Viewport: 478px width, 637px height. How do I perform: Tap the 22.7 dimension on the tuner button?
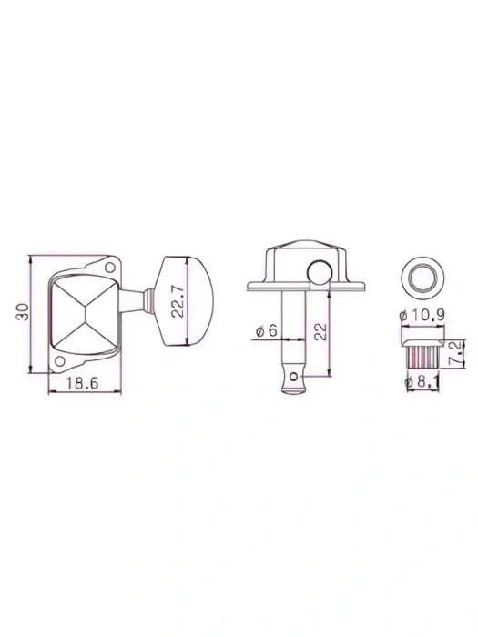pos(180,301)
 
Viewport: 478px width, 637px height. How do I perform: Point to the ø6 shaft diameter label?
pos(267,332)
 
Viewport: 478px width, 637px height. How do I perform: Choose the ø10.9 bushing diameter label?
pos(421,314)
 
